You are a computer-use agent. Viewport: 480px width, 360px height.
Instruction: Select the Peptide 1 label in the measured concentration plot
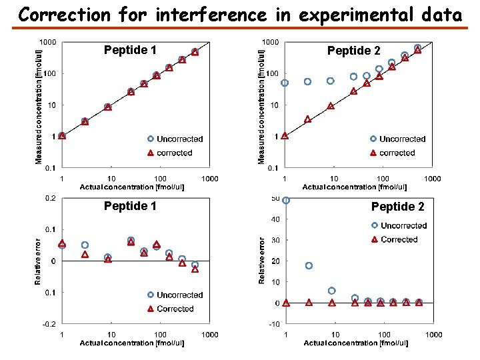click(x=130, y=50)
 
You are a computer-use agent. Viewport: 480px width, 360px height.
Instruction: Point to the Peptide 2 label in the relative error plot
click(x=397, y=206)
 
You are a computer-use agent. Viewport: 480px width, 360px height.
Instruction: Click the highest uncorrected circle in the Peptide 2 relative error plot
click(x=286, y=199)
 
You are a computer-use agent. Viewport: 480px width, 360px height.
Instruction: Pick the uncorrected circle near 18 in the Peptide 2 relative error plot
click(x=309, y=265)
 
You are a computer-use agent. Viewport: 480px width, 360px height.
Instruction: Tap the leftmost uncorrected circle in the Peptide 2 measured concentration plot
click(x=285, y=83)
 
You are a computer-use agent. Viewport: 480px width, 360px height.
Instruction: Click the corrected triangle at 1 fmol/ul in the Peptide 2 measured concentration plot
click(x=285, y=135)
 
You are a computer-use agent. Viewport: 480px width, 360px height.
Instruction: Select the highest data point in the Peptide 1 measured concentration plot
click(x=195, y=51)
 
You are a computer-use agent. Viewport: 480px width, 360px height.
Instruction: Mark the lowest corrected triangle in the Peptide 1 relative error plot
click(x=195, y=269)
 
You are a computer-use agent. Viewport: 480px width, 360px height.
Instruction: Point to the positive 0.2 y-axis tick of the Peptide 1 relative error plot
click(x=50, y=198)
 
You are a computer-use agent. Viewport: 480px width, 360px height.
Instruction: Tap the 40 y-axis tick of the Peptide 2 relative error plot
click(x=273, y=219)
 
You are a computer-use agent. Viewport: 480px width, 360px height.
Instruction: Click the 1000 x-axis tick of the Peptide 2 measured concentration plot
click(x=433, y=179)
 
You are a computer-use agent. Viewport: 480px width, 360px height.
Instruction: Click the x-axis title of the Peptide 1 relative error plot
click(x=132, y=343)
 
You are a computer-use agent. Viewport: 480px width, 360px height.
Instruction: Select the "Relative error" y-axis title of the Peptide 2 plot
click(x=262, y=260)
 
